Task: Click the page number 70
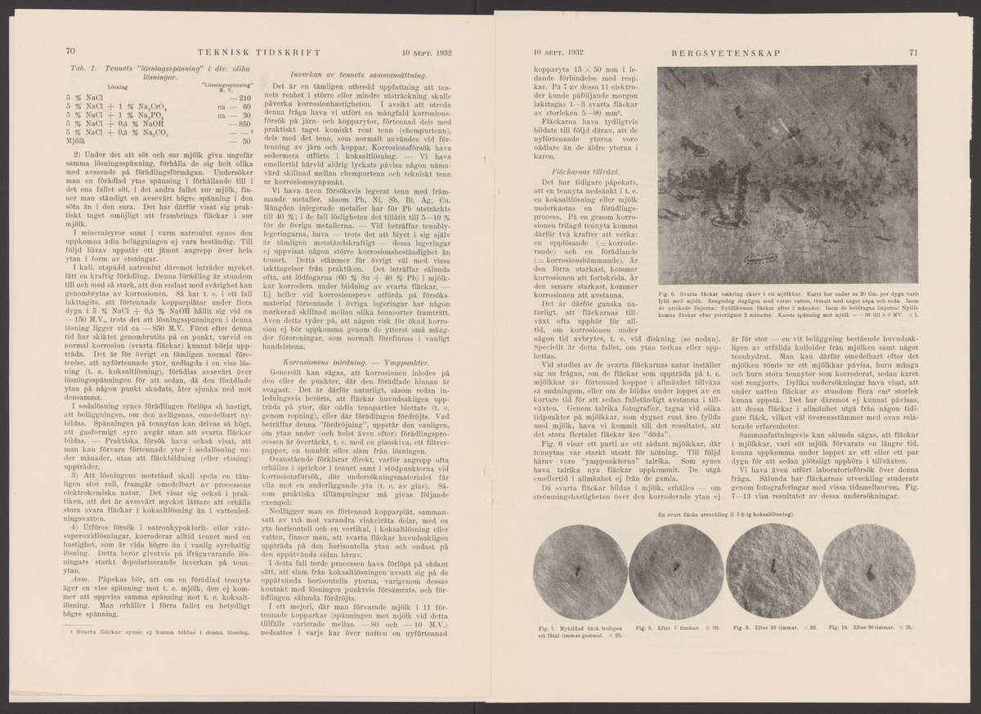pyautogui.click(x=70, y=54)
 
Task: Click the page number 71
pyautogui.click(x=912, y=54)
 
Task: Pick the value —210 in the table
pyautogui.click(x=239, y=98)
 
